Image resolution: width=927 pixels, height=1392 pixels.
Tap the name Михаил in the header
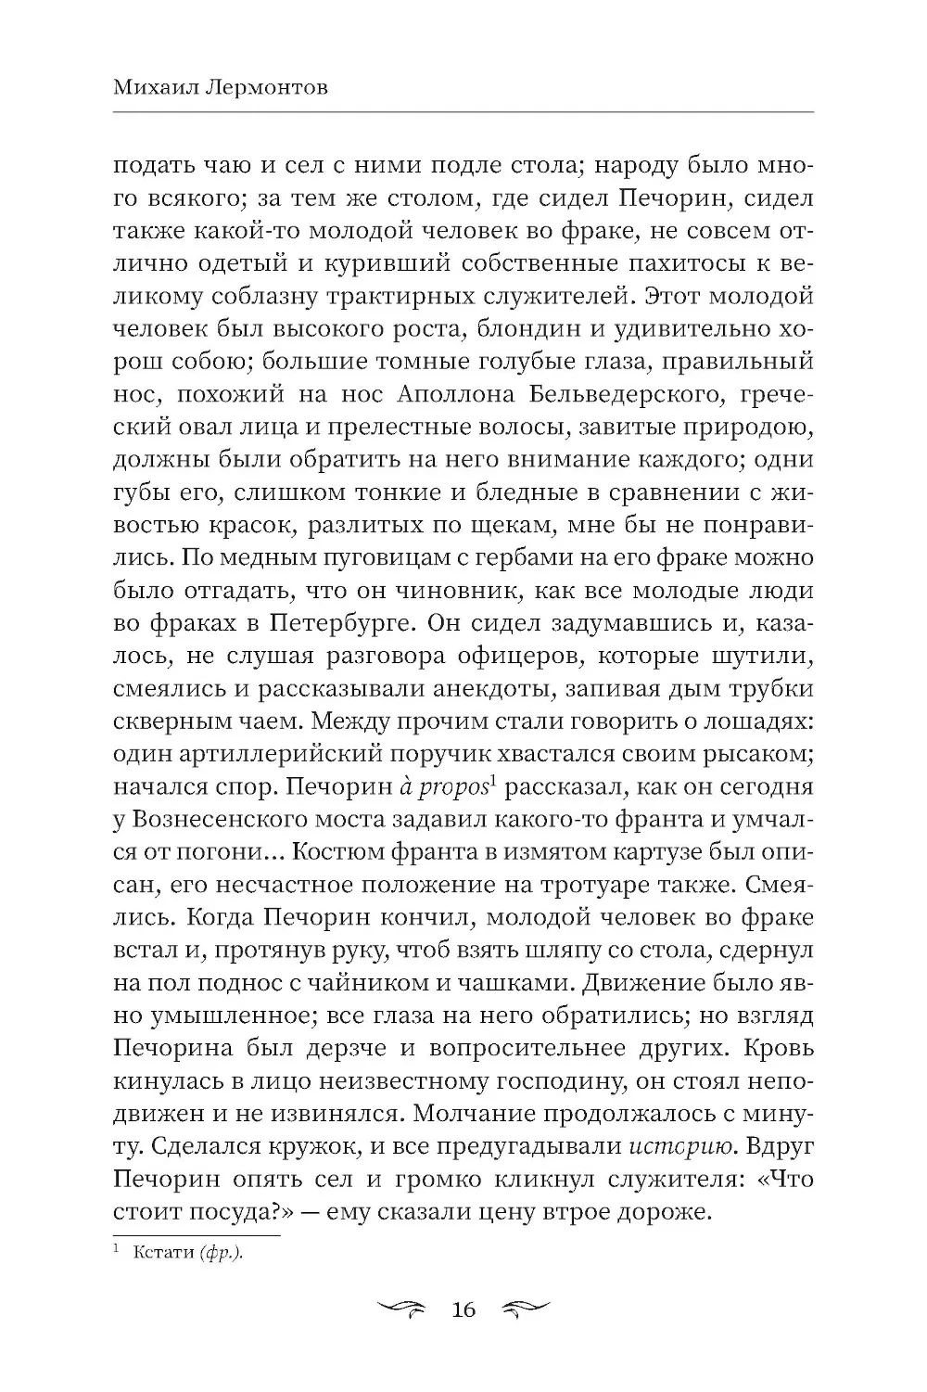point(147,86)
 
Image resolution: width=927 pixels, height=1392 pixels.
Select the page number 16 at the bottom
point(463,1309)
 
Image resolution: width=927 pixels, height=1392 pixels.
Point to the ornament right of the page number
point(524,1309)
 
